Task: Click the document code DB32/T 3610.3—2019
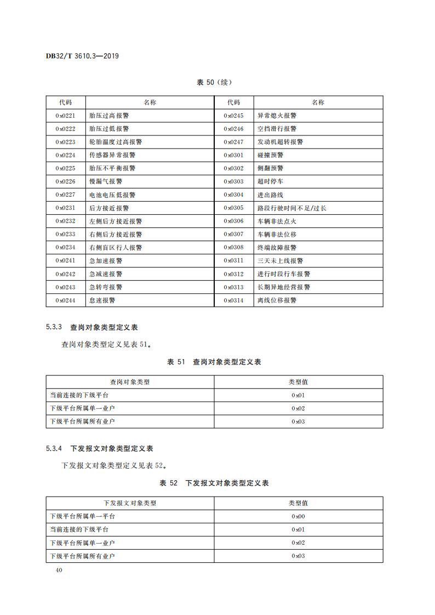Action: click(82, 56)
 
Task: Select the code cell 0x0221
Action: click(65, 116)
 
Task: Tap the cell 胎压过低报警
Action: click(109, 129)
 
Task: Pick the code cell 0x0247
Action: click(233, 142)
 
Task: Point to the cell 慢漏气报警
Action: click(106, 181)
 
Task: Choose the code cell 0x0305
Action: click(233, 208)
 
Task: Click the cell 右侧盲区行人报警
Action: click(116, 247)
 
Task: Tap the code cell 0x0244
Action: click(65, 300)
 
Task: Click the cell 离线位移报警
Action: click(277, 300)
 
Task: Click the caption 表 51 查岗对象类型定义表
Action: click(214, 362)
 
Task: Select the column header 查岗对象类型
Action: click(130, 382)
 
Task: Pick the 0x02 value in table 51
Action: click(298, 408)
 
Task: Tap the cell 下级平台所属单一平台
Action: click(83, 516)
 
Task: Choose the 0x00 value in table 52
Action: click(298, 516)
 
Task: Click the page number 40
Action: click(59, 570)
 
